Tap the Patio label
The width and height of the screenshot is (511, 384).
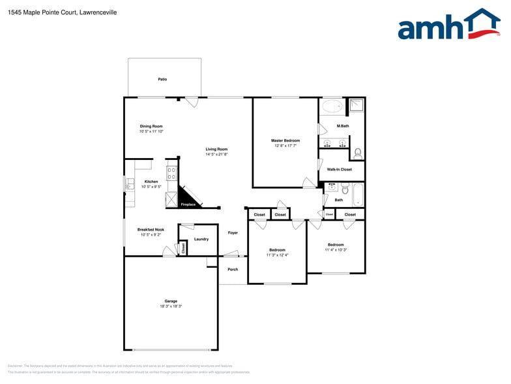pos(162,79)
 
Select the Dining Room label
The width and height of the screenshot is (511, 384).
pos(151,126)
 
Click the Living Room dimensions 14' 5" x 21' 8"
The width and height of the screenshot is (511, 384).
pos(216,155)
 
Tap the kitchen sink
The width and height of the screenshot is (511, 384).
pos(128,184)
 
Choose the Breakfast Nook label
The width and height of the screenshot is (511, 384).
pos(151,229)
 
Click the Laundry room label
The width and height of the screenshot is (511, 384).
pos(201,239)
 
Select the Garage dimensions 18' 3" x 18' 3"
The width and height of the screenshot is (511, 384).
pos(171,306)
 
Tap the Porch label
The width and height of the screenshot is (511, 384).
pos(233,269)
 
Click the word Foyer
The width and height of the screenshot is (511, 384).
pos(233,232)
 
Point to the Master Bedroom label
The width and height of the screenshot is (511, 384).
pos(285,140)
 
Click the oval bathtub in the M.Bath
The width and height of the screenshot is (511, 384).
pos(332,106)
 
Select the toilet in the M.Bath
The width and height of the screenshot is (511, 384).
pos(358,153)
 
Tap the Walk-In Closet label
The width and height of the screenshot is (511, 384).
pos(339,169)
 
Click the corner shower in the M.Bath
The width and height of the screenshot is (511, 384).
pos(356,106)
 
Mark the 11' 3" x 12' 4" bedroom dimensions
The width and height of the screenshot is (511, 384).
pos(277,255)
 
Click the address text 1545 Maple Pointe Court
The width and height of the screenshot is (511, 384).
pos(39,12)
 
